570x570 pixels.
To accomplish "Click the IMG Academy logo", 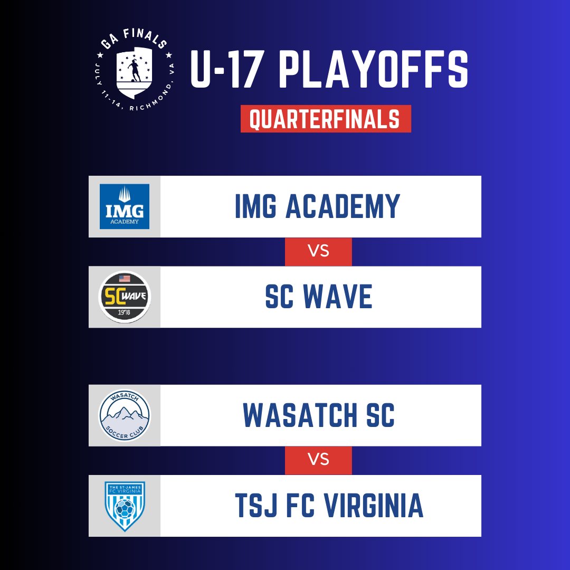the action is click(125, 206).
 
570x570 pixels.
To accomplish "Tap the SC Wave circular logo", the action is click(125, 297).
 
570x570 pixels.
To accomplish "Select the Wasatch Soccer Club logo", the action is click(125, 415).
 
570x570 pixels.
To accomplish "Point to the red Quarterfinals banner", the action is click(326, 119).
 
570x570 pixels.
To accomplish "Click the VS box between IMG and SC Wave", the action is click(318, 252).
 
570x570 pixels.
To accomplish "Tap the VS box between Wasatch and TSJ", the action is click(318, 460).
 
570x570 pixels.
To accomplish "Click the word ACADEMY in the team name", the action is click(343, 206).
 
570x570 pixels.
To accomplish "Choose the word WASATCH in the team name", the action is click(300, 415).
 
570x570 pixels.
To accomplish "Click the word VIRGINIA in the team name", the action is click(374, 505).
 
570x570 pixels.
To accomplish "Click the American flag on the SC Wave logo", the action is click(125, 279).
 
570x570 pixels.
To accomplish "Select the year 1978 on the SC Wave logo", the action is click(125, 312).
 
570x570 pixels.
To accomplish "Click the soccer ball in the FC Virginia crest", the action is click(125, 508).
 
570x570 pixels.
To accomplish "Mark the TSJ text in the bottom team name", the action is click(256, 505).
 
